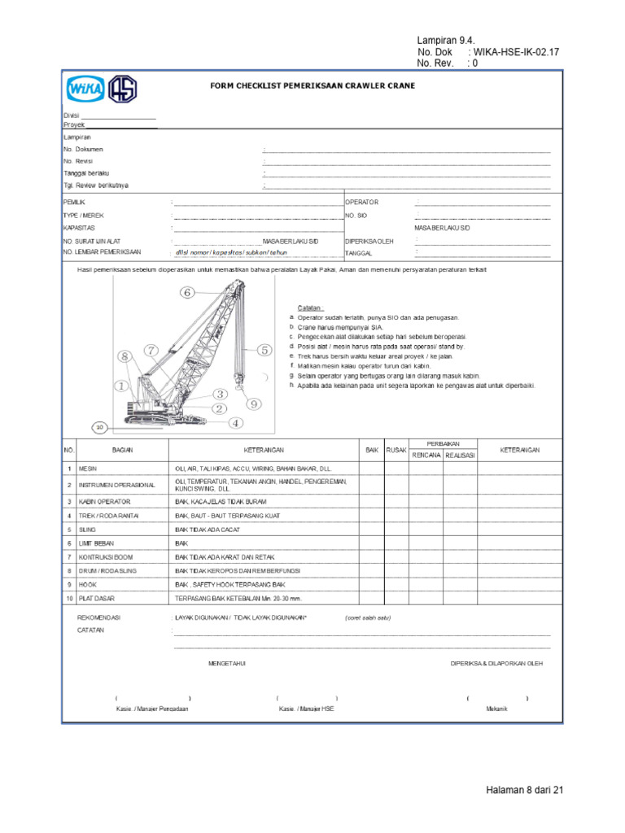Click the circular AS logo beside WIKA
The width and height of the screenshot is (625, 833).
click(x=123, y=89)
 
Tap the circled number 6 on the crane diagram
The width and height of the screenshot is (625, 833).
click(x=187, y=292)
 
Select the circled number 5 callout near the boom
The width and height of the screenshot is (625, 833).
click(x=264, y=350)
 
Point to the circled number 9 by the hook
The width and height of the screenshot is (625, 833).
click(x=253, y=403)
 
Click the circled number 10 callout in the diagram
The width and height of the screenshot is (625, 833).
click(x=98, y=425)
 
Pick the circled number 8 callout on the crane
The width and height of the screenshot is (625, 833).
click(x=125, y=356)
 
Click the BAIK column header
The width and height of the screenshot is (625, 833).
click(x=371, y=450)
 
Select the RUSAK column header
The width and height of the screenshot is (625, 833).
click(x=396, y=450)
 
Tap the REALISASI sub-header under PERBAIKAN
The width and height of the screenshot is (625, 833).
click(x=460, y=456)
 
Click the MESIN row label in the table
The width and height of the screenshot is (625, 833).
click(x=88, y=469)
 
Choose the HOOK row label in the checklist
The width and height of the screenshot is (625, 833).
click(x=88, y=584)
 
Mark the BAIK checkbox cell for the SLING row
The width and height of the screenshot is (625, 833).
click(x=371, y=530)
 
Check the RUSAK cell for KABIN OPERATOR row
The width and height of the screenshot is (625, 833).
click(x=396, y=501)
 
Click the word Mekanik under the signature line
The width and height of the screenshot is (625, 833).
click(x=496, y=709)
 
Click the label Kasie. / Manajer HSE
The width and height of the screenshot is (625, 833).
click(x=306, y=709)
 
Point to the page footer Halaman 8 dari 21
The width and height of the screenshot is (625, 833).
click(x=524, y=790)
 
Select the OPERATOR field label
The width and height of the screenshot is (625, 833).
click(x=362, y=202)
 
